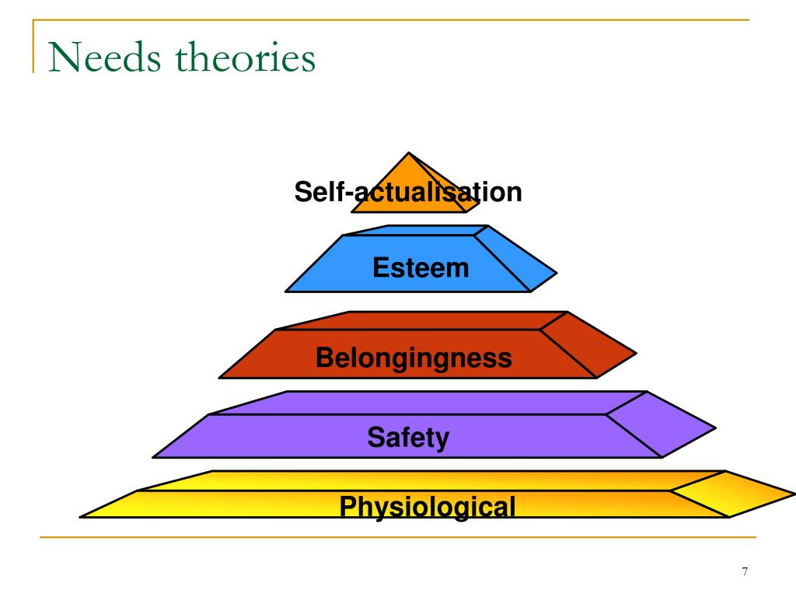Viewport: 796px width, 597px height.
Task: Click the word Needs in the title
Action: tap(105, 57)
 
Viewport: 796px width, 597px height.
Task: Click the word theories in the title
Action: tap(246, 57)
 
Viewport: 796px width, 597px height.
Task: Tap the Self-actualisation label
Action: tap(408, 192)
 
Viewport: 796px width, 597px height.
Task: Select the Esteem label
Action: tap(421, 267)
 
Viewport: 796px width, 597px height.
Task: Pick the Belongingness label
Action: tap(414, 358)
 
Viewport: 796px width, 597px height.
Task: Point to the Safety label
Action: tap(408, 438)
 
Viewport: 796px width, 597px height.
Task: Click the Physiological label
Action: tap(428, 507)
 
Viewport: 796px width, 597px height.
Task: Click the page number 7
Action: tap(745, 571)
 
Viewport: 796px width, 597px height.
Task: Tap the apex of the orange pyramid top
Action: tap(409, 152)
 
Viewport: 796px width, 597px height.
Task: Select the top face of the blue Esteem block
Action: tap(417, 230)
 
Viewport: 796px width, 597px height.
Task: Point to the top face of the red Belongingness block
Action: tap(421, 321)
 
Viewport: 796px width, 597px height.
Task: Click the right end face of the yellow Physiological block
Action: tap(731, 494)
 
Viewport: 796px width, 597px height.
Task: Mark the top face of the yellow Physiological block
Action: tap(431, 480)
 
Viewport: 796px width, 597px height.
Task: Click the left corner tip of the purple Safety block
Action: tap(153, 457)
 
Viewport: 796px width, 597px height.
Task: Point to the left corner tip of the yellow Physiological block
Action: tap(80, 517)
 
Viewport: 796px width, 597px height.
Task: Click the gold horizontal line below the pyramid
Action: tap(398, 536)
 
